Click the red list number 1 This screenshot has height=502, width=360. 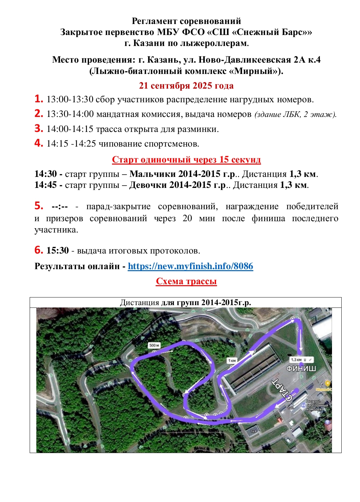coord(39,99)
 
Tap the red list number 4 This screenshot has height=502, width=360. coord(39,143)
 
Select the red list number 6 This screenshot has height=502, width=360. coord(39,250)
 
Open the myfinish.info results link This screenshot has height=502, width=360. coord(190,266)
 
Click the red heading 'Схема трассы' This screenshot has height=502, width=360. coord(186,281)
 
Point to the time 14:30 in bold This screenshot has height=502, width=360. coord(46,174)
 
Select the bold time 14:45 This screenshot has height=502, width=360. coord(46,185)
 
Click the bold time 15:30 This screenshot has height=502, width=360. coord(58,250)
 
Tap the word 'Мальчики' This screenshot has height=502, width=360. coord(152,174)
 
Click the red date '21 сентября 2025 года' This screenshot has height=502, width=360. coord(186,86)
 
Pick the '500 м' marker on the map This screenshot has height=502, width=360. coord(154,345)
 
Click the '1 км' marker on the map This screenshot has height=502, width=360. coord(232,360)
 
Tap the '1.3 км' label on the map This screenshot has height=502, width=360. coord(296,360)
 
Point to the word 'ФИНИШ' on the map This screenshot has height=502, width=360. coord(301,368)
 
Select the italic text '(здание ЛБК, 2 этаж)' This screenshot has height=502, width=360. coord(295,114)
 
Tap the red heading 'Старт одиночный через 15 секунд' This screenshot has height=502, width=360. coord(186,160)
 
